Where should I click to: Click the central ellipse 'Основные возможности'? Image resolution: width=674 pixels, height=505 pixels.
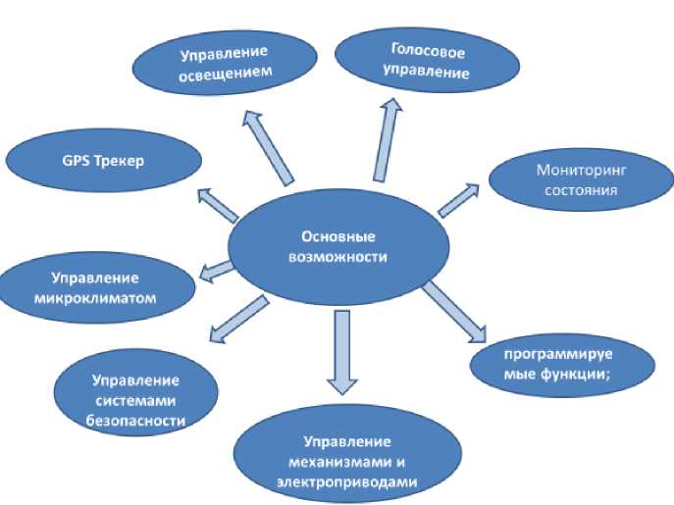click(338, 244)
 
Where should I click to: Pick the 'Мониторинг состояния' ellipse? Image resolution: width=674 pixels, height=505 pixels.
click(581, 180)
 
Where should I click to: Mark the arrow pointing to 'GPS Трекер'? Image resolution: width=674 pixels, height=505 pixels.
click(217, 203)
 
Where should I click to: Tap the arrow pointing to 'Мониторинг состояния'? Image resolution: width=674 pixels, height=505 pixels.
click(457, 197)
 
